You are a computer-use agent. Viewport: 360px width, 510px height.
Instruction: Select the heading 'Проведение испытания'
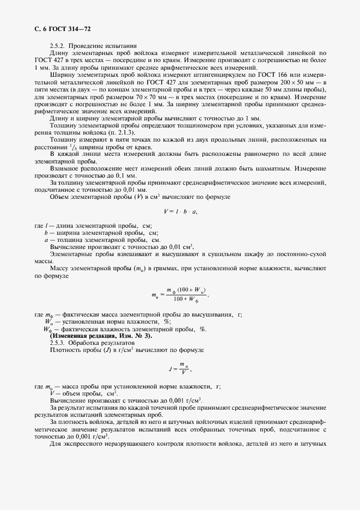(x=107, y=46)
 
